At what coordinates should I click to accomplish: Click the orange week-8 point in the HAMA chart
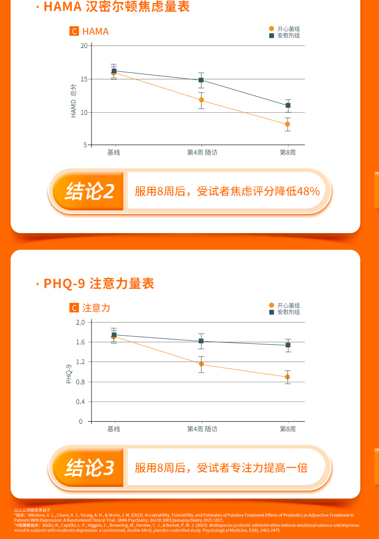tap(288, 124)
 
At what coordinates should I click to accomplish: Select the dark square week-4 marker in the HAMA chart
tap(201, 80)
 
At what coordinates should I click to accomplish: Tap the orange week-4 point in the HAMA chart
tap(201, 100)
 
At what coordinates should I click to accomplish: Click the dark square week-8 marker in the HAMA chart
tap(288, 105)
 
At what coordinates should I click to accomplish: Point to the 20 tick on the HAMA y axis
tap(84, 46)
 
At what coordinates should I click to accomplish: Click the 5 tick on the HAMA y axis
tap(85, 145)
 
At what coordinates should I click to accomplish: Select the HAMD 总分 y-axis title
tap(73, 102)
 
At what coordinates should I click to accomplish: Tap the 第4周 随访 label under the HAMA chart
tap(202, 152)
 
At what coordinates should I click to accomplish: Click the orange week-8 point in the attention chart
tap(288, 377)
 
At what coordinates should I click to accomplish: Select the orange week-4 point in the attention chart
tap(201, 364)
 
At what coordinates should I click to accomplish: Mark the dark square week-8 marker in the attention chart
tap(288, 345)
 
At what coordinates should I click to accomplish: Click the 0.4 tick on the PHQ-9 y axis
tap(79, 402)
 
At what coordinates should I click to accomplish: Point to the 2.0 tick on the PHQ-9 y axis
tap(79, 322)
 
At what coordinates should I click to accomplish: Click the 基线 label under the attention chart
tap(114, 429)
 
